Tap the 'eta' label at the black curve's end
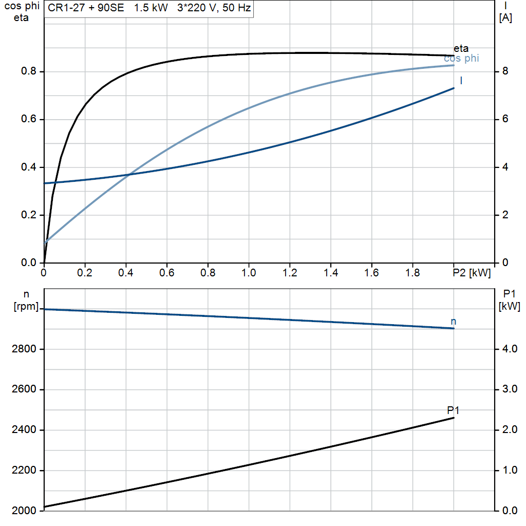(x=461, y=49)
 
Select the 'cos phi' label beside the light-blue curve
(x=461, y=59)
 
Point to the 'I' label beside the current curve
(x=461, y=81)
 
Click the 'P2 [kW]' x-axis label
(x=472, y=272)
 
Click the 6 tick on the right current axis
(x=505, y=119)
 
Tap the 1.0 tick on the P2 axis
(x=249, y=272)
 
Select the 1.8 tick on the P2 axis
(x=412, y=272)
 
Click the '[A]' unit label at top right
(x=505, y=17)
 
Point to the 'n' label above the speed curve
(x=453, y=321)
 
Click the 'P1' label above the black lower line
(x=453, y=410)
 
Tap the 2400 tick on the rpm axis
(x=24, y=430)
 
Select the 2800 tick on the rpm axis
(x=24, y=349)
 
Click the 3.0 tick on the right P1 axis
(x=508, y=389)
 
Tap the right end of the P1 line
(x=454, y=418)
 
